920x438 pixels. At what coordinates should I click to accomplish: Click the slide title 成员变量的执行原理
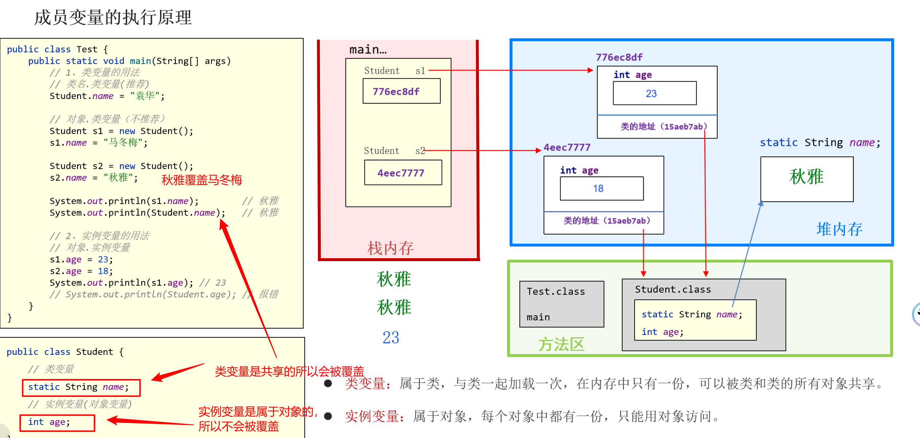pos(113,18)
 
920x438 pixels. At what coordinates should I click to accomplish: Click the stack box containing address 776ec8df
pos(401,91)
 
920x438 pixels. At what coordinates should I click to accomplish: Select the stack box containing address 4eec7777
pos(403,173)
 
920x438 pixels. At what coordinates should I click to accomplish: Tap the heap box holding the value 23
pos(654,93)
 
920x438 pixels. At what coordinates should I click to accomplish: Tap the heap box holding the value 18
pos(601,189)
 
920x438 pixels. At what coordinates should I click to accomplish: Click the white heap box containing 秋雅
pos(807,179)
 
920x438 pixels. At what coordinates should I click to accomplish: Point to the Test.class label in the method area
pos(555,291)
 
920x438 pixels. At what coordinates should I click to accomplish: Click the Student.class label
pos(673,289)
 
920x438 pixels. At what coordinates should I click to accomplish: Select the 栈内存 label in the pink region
pos(390,248)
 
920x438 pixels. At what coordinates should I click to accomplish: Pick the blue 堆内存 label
pos(839,229)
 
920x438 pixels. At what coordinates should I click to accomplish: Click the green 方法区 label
pos(561,344)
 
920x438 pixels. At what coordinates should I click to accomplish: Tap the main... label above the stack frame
pos(368,50)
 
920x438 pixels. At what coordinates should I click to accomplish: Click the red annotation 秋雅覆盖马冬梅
pos(202,180)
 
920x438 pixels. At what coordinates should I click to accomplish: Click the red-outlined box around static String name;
pos(81,387)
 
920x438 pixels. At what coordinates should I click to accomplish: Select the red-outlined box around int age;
pos(57,423)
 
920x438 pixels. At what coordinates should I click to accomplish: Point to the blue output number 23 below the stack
pos(391,338)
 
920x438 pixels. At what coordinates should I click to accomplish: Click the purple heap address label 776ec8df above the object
pos(619,57)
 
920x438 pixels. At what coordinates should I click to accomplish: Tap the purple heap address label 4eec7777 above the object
pos(567,147)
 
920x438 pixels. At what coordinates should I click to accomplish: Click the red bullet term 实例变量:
pos(374,416)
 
